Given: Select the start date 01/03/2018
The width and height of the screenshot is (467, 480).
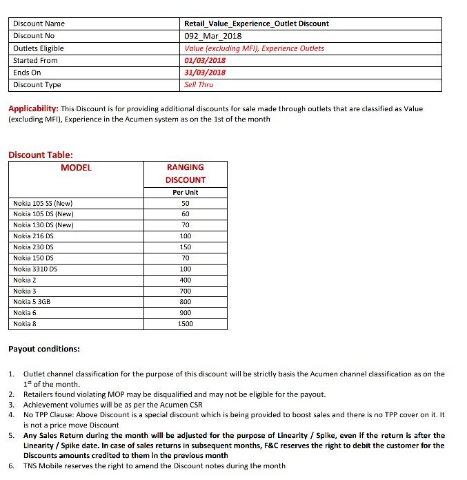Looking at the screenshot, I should [x=206, y=61].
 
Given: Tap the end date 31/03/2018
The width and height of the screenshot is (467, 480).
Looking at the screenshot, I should [x=206, y=73].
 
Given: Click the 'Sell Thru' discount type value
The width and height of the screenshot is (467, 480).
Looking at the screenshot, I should [x=199, y=85].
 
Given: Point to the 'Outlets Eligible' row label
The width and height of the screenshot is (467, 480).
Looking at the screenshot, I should [x=39, y=48].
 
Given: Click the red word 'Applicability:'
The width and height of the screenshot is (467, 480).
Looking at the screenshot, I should [x=33, y=109].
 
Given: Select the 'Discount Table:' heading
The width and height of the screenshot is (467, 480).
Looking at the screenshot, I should [x=41, y=155].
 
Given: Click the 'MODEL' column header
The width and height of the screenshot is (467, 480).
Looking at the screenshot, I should [x=76, y=167].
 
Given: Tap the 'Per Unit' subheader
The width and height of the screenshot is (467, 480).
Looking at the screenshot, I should [x=185, y=192].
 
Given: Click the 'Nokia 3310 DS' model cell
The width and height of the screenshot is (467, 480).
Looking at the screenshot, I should [x=35, y=269].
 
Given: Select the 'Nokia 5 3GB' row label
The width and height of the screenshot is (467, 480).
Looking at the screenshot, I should [x=32, y=302].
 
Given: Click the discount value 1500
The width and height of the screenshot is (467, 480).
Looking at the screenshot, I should [x=185, y=324].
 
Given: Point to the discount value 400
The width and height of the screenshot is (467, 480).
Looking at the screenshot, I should [x=185, y=280].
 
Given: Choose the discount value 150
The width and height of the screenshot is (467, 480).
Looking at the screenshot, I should [x=185, y=247].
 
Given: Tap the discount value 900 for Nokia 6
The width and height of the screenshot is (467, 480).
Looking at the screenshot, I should [x=185, y=313].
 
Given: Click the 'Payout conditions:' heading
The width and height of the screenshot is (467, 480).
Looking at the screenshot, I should [x=44, y=349].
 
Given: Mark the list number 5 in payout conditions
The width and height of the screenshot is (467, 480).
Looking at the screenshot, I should [x=12, y=436].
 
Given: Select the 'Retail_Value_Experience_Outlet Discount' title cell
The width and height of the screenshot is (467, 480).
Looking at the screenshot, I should [x=257, y=23].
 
